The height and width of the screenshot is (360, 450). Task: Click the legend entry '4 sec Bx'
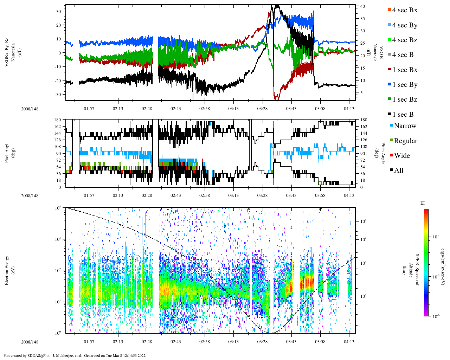coord(404,10)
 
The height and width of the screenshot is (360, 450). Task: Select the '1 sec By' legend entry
coord(404,85)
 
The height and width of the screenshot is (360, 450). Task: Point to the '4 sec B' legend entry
coord(403,55)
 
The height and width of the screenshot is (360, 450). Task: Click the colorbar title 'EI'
coord(423,203)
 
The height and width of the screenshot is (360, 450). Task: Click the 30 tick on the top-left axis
coord(59,11)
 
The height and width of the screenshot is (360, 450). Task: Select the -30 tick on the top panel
coord(58,95)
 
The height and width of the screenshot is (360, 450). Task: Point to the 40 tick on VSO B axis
coord(362,6)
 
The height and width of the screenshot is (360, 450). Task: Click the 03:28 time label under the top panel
coord(262,109)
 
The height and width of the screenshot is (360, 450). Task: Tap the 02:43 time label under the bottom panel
coord(175,342)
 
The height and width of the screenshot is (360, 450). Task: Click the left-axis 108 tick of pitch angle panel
coord(58,147)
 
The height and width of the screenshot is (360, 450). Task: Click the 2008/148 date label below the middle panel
coord(30,196)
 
